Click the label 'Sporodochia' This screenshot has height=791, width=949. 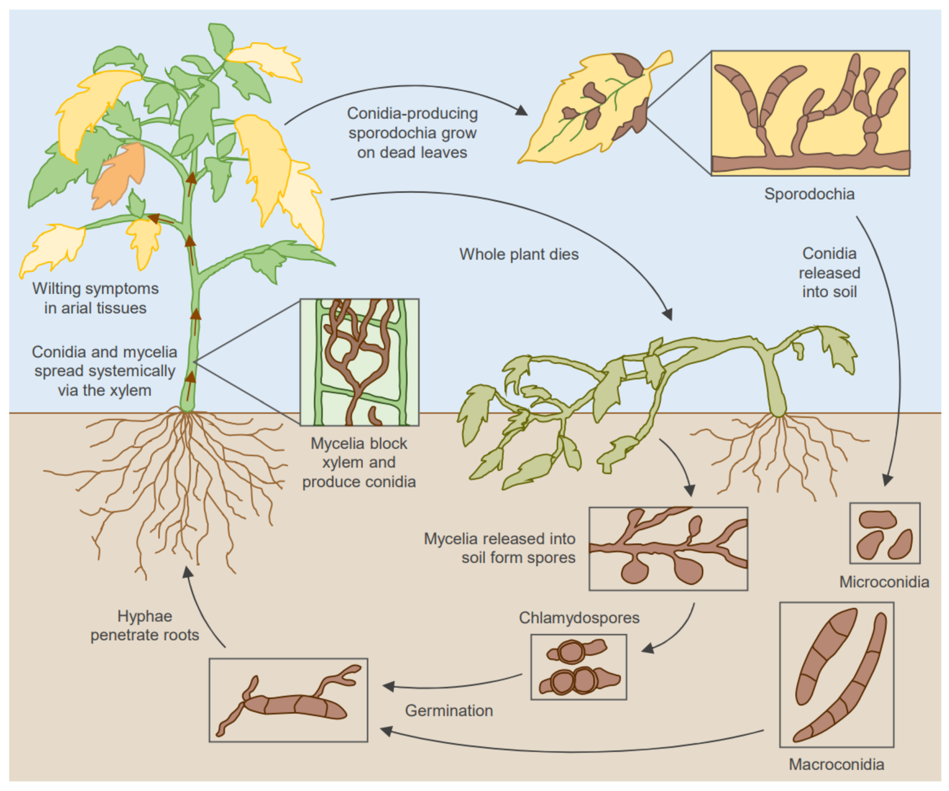pyautogui.click(x=809, y=194)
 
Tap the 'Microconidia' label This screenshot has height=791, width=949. pyautogui.click(x=884, y=582)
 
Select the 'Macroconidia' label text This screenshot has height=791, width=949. pyautogui.click(x=836, y=764)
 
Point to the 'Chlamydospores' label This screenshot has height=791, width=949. pyautogui.click(x=579, y=617)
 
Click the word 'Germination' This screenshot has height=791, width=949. pyautogui.click(x=449, y=711)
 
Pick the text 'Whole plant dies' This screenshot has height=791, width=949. pyautogui.click(x=518, y=255)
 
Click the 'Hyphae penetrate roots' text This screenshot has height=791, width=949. pyautogui.click(x=145, y=625)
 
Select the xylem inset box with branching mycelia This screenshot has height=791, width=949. pyautogui.click(x=359, y=362)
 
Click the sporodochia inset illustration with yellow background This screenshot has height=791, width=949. pyautogui.click(x=810, y=113)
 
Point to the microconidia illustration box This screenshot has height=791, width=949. pyautogui.click(x=884, y=533)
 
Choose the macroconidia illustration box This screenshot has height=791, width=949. pyautogui.click(x=836, y=674)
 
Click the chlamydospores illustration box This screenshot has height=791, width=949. pyautogui.click(x=578, y=667)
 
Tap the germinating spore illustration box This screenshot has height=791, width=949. pyautogui.click(x=288, y=700)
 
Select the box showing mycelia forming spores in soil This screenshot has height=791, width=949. pyautogui.click(x=668, y=549)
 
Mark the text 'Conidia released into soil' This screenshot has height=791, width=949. pyautogui.click(x=829, y=273)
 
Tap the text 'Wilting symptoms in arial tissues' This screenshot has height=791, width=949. pyautogui.click(x=95, y=298)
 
